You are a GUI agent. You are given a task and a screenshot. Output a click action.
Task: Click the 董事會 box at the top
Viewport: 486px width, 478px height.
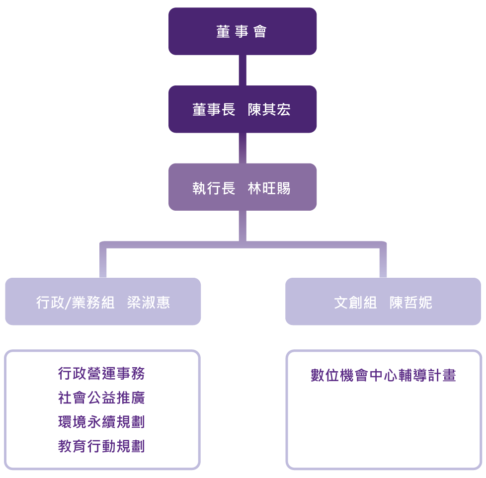[243, 31]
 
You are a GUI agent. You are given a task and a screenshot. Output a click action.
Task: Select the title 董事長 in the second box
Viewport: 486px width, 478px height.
[214, 109]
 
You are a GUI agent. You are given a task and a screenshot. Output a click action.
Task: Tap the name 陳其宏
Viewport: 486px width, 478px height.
[269, 109]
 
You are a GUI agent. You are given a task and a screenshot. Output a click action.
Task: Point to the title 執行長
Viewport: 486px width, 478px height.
[214, 188]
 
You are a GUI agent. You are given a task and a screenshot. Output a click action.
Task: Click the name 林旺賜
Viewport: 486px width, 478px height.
[269, 188]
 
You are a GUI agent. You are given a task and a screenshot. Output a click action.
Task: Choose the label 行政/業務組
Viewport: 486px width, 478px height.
[75, 302]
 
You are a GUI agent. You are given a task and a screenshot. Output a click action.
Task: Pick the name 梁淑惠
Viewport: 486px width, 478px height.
[149, 302]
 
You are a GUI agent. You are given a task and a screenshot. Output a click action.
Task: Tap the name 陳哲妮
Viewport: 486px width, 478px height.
[410, 302]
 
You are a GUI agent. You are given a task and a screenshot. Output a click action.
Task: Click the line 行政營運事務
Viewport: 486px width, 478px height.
[101, 373]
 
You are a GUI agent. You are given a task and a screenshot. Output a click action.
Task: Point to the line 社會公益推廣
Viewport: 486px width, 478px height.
[101, 398]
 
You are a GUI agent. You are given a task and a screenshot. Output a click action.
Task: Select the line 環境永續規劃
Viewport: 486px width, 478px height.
[101, 422]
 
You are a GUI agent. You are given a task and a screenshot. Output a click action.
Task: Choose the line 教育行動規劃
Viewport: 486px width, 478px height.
[101, 446]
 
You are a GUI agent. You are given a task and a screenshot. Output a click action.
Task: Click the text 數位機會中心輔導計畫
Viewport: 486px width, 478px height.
[383, 375]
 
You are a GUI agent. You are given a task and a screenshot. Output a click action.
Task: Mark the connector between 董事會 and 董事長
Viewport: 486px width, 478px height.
[243, 70]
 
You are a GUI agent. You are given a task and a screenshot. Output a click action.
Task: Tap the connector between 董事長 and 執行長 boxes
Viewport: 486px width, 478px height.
[243, 148]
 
